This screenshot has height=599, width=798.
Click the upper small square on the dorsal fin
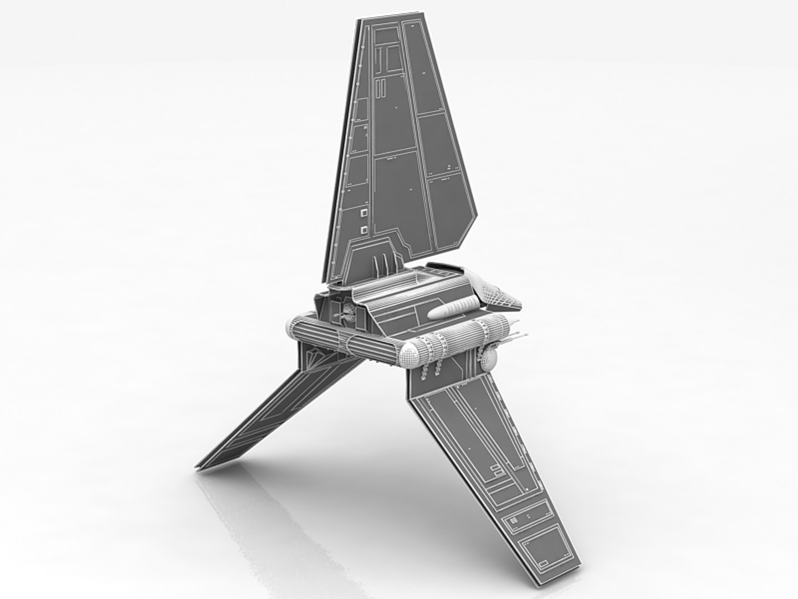(364, 212)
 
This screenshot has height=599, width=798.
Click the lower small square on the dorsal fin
(364, 229)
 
